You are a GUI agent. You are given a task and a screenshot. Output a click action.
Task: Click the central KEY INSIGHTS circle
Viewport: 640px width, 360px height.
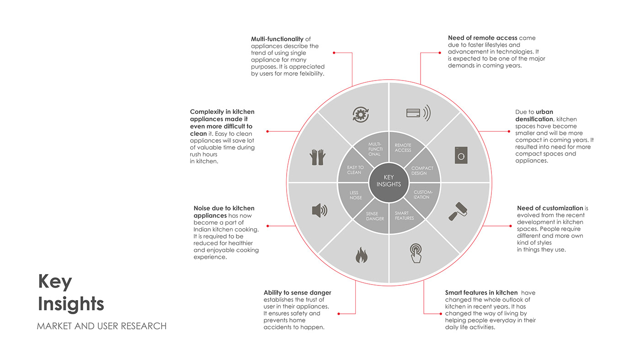pyautogui.click(x=389, y=181)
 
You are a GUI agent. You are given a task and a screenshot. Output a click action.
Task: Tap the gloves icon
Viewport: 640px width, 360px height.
pyautogui.click(x=317, y=157)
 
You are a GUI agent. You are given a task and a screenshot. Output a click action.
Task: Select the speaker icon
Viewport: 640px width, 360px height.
pyautogui.click(x=320, y=210)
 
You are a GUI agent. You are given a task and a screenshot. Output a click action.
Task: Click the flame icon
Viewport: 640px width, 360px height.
pyautogui.click(x=361, y=255)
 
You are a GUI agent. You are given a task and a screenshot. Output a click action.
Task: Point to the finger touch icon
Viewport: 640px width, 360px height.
pyautogui.click(x=416, y=253)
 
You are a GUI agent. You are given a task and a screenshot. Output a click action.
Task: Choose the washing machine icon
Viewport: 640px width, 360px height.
pyautogui.click(x=461, y=155)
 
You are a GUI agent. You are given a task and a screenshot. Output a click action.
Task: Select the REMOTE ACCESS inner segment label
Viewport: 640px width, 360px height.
pyautogui.click(x=403, y=148)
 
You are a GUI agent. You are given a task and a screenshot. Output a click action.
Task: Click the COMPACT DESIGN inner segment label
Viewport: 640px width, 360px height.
pyautogui.click(x=422, y=171)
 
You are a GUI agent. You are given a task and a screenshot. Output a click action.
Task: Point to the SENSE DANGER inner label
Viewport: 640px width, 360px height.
pyautogui.click(x=375, y=216)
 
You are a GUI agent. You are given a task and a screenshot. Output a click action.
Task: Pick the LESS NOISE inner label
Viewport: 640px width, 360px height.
pyautogui.click(x=355, y=195)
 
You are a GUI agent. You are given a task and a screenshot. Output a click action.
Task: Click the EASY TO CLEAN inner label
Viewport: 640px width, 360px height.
pyautogui.click(x=355, y=170)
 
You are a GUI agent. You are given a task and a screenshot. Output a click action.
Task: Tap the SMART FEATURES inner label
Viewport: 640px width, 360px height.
pyautogui.click(x=404, y=215)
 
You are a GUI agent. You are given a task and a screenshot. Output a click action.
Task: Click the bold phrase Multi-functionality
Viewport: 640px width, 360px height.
pyautogui.click(x=277, y=39)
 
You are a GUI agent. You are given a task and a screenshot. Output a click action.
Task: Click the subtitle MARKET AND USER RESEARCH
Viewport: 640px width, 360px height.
pyautogui.click(x=101, y=326)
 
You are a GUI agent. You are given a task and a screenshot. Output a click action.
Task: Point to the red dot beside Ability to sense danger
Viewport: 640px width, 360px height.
pyautogui.click(x=338, y=314)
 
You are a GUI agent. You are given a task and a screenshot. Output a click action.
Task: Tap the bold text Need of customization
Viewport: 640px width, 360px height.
pyautogui.click(x=550, y=208)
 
